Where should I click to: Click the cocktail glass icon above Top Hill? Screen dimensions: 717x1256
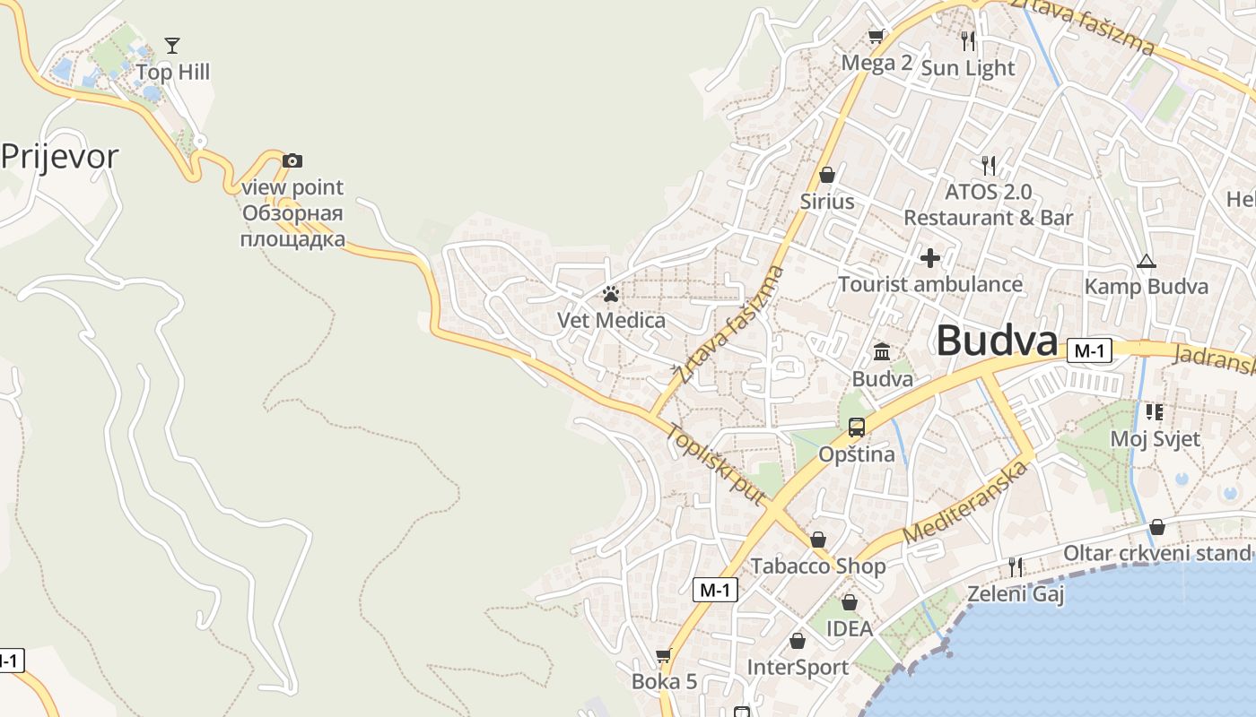coord(172,45)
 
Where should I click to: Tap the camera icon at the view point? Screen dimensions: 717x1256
coord(292,160)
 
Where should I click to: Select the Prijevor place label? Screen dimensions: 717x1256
coord(59,157)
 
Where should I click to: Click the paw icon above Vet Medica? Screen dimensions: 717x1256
coord(611,294)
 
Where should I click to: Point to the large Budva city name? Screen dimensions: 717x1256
coord(997,341)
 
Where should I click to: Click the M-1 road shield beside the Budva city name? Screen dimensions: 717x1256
coord(1089,350)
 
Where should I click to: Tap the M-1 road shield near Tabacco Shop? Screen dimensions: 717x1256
coord(716,589)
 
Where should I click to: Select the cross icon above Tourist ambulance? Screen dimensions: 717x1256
coord(930,258)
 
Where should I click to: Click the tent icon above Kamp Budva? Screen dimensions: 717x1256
coord(1146,262)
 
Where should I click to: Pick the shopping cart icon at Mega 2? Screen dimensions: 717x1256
coord(877,37)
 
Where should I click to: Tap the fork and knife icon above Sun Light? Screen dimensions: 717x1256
coord(967,40)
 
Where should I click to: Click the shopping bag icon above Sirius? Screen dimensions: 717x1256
coord(827,174)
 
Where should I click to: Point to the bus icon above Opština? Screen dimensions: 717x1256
coord(857,428)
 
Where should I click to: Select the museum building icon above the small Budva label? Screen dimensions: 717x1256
coord(882,351)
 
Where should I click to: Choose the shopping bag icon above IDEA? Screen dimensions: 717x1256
coord(849,602)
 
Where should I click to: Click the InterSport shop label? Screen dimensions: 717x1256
coord(798,668)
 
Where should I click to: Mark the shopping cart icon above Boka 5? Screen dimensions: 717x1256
coord(664,656)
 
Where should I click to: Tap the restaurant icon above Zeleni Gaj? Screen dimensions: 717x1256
coord(1016,566)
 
